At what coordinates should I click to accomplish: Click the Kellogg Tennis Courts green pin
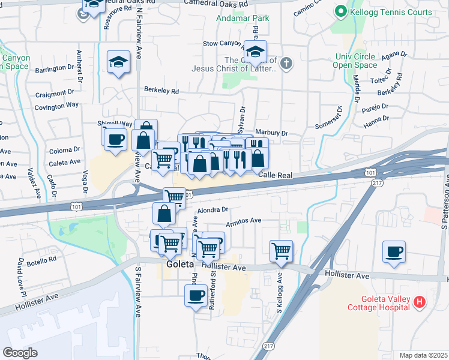coord(341,11)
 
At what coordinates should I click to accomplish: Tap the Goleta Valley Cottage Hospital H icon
coord(420,304)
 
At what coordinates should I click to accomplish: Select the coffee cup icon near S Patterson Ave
coord(394,252)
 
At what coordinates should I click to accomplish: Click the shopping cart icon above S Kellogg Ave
coord(281,251)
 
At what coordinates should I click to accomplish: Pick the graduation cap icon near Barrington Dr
coord(118,62)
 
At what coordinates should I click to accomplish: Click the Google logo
coord(20,353)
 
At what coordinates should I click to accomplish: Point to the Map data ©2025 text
coord(423,355)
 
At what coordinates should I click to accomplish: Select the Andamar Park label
coord(243,18)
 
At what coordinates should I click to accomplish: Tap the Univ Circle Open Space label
coord(355,61)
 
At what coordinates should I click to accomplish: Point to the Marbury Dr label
coord(272,133)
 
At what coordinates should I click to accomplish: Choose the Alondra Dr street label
coord(214,209)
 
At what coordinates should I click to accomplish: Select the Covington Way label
coord(57,105)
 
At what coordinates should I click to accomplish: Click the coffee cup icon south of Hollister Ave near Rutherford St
coord(196,295)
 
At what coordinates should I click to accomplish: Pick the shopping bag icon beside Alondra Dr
coord(164,214)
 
